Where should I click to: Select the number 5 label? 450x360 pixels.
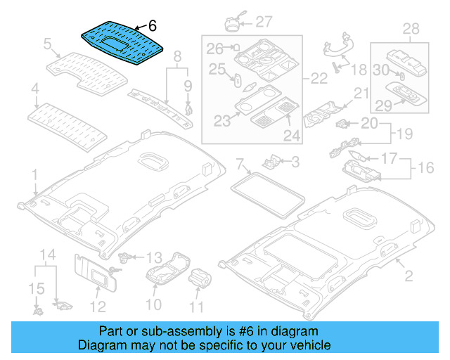click(48, 45)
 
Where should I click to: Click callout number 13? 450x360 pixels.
click(154, 258)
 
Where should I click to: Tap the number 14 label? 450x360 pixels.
click(46, 254)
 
